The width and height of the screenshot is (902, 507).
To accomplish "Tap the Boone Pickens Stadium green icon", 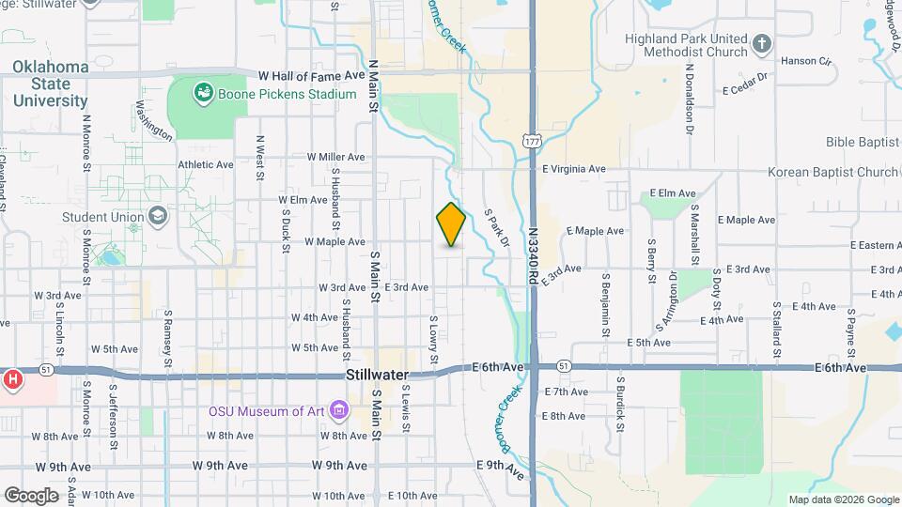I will [202, 93].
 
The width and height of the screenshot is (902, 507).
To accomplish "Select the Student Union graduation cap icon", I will [157, 217].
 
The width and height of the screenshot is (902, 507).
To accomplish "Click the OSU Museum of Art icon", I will [338, 409].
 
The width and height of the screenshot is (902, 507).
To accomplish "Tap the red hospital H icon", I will [13, 380].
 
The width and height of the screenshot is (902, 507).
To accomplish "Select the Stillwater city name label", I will [377, 375].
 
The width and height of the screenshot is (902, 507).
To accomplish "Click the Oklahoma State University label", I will [50, 84].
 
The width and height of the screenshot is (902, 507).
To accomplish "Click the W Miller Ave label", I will [335, 157].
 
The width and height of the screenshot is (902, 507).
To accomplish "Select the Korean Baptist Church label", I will [832, 172].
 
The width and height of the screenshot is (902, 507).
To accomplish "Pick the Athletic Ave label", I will [205, 164].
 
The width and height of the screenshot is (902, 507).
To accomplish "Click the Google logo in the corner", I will [31, 495].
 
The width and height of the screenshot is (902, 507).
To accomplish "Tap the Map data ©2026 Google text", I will [843, 499].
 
